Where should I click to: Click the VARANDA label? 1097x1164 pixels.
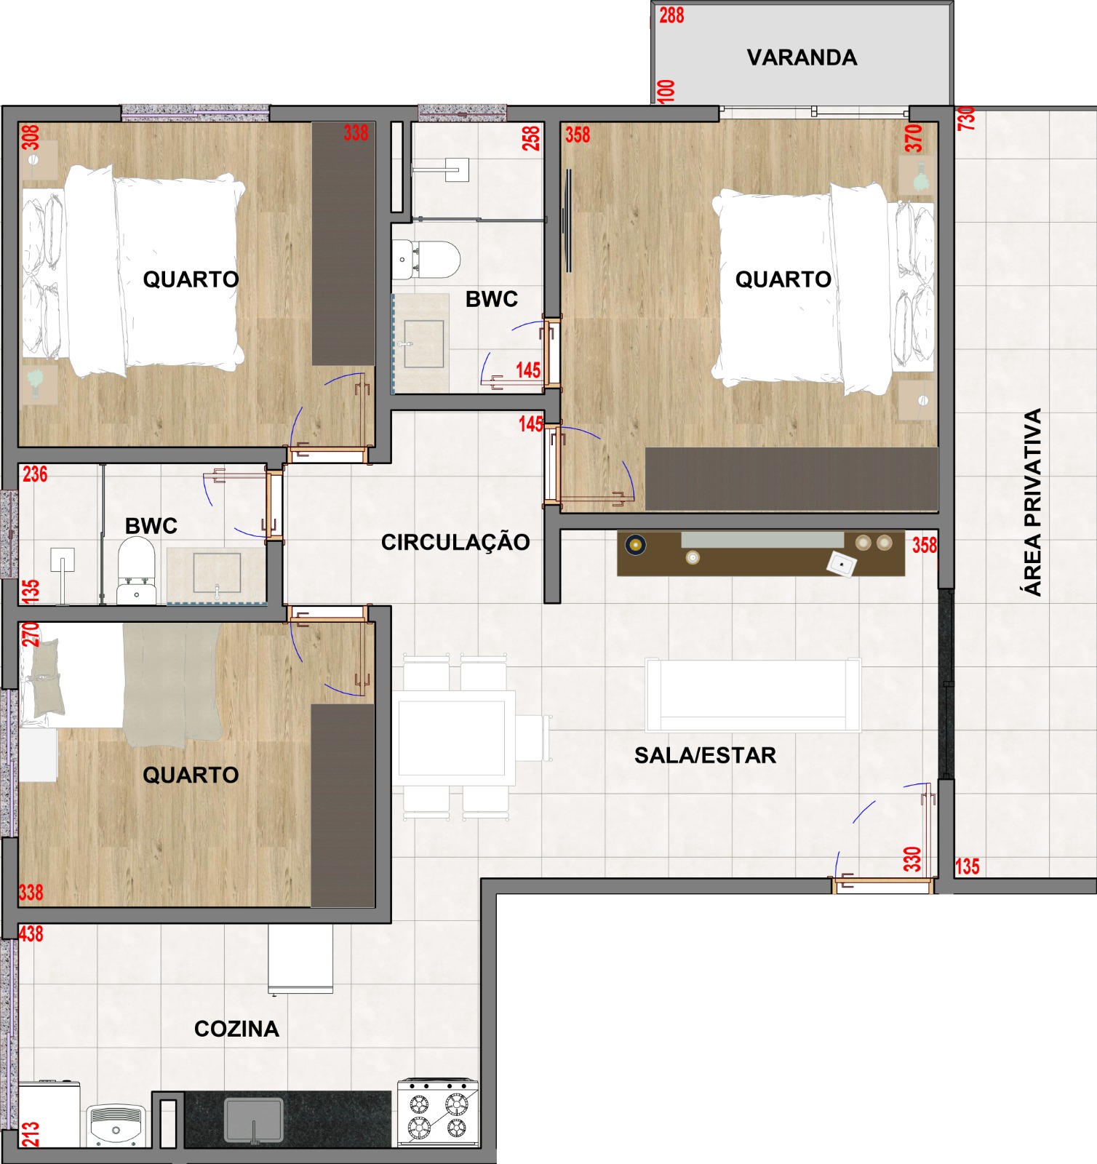[x=802, y=57]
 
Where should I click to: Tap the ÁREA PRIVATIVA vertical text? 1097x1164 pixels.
[x=1032, y=502]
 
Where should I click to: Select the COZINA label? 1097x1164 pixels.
[x=236, y=1029]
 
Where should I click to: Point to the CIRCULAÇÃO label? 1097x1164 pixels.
[x=455, y=541]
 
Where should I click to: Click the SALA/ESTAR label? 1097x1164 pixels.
[x=705, y=755]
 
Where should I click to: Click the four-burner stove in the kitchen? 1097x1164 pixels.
[x=438, y=1112]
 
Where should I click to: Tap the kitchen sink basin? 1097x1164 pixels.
[x=253, y=1120]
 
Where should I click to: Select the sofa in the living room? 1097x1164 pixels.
[x=753, y=695]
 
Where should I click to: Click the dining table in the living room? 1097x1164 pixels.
[x=452, y=738]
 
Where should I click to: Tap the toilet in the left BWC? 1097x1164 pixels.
[x=137, y=570]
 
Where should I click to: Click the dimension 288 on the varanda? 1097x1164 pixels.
[x=671, y=15]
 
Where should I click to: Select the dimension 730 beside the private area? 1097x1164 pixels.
[x=966, y=119]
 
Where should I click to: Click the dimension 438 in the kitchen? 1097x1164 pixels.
[x=31, y=933]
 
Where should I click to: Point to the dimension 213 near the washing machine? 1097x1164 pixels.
[x=30, y=1134]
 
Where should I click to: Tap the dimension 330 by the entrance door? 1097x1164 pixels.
[x=912, y=859]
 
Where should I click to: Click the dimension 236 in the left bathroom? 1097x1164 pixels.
[x=35, y=474]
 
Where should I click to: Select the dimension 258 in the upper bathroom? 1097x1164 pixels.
[x=531, y=138]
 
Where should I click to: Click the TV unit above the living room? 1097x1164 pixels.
[x=761, y=554]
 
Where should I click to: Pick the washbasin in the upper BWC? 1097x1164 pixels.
[x=422, y=342]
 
